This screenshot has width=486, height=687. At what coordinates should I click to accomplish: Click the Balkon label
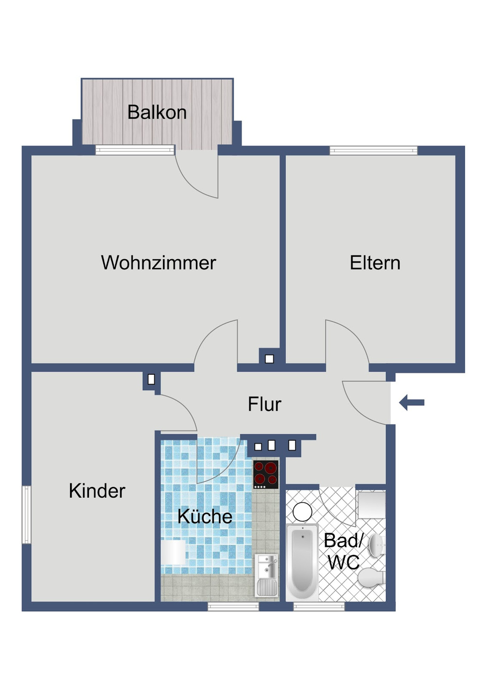[x=157, y=113]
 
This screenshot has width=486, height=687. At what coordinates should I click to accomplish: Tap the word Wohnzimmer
[x=158, y=263]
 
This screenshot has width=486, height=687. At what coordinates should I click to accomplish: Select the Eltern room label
[x=375, y=263]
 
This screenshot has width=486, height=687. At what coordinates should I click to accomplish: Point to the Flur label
[x=264, y=404]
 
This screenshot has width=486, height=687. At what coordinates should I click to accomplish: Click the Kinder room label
[x=97, y=491]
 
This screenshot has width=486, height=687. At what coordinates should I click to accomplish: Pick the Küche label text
[x=205, y=517]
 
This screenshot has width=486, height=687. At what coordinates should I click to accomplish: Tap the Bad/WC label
[x=343, y=551]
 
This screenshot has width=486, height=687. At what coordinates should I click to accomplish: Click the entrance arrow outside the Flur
[x=412, y=402]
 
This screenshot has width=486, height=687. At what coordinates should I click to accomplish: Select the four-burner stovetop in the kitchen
[x=266, y=474]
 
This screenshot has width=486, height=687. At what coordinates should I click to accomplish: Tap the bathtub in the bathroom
[x=302, y=563]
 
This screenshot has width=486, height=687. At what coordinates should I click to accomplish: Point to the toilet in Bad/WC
[x=371, y=578]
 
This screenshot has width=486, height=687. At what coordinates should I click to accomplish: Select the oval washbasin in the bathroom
[x=377, y=546]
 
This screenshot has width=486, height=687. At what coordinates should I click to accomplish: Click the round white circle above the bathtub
[x=302, y=512]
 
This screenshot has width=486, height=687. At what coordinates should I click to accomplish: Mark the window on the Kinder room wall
[x=26, y=515]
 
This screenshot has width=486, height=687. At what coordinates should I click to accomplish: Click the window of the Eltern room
[x=373, y=151]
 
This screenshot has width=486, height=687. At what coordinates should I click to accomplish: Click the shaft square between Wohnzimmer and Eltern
[x=269, y=359]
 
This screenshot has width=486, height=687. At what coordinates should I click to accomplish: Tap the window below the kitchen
[x=233, y=606]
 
